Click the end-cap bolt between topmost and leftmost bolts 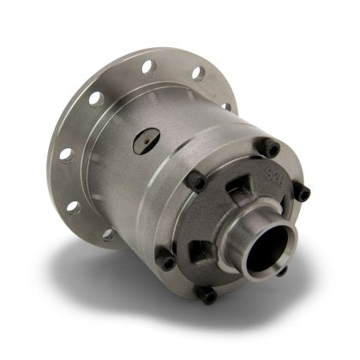coord(195,182)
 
